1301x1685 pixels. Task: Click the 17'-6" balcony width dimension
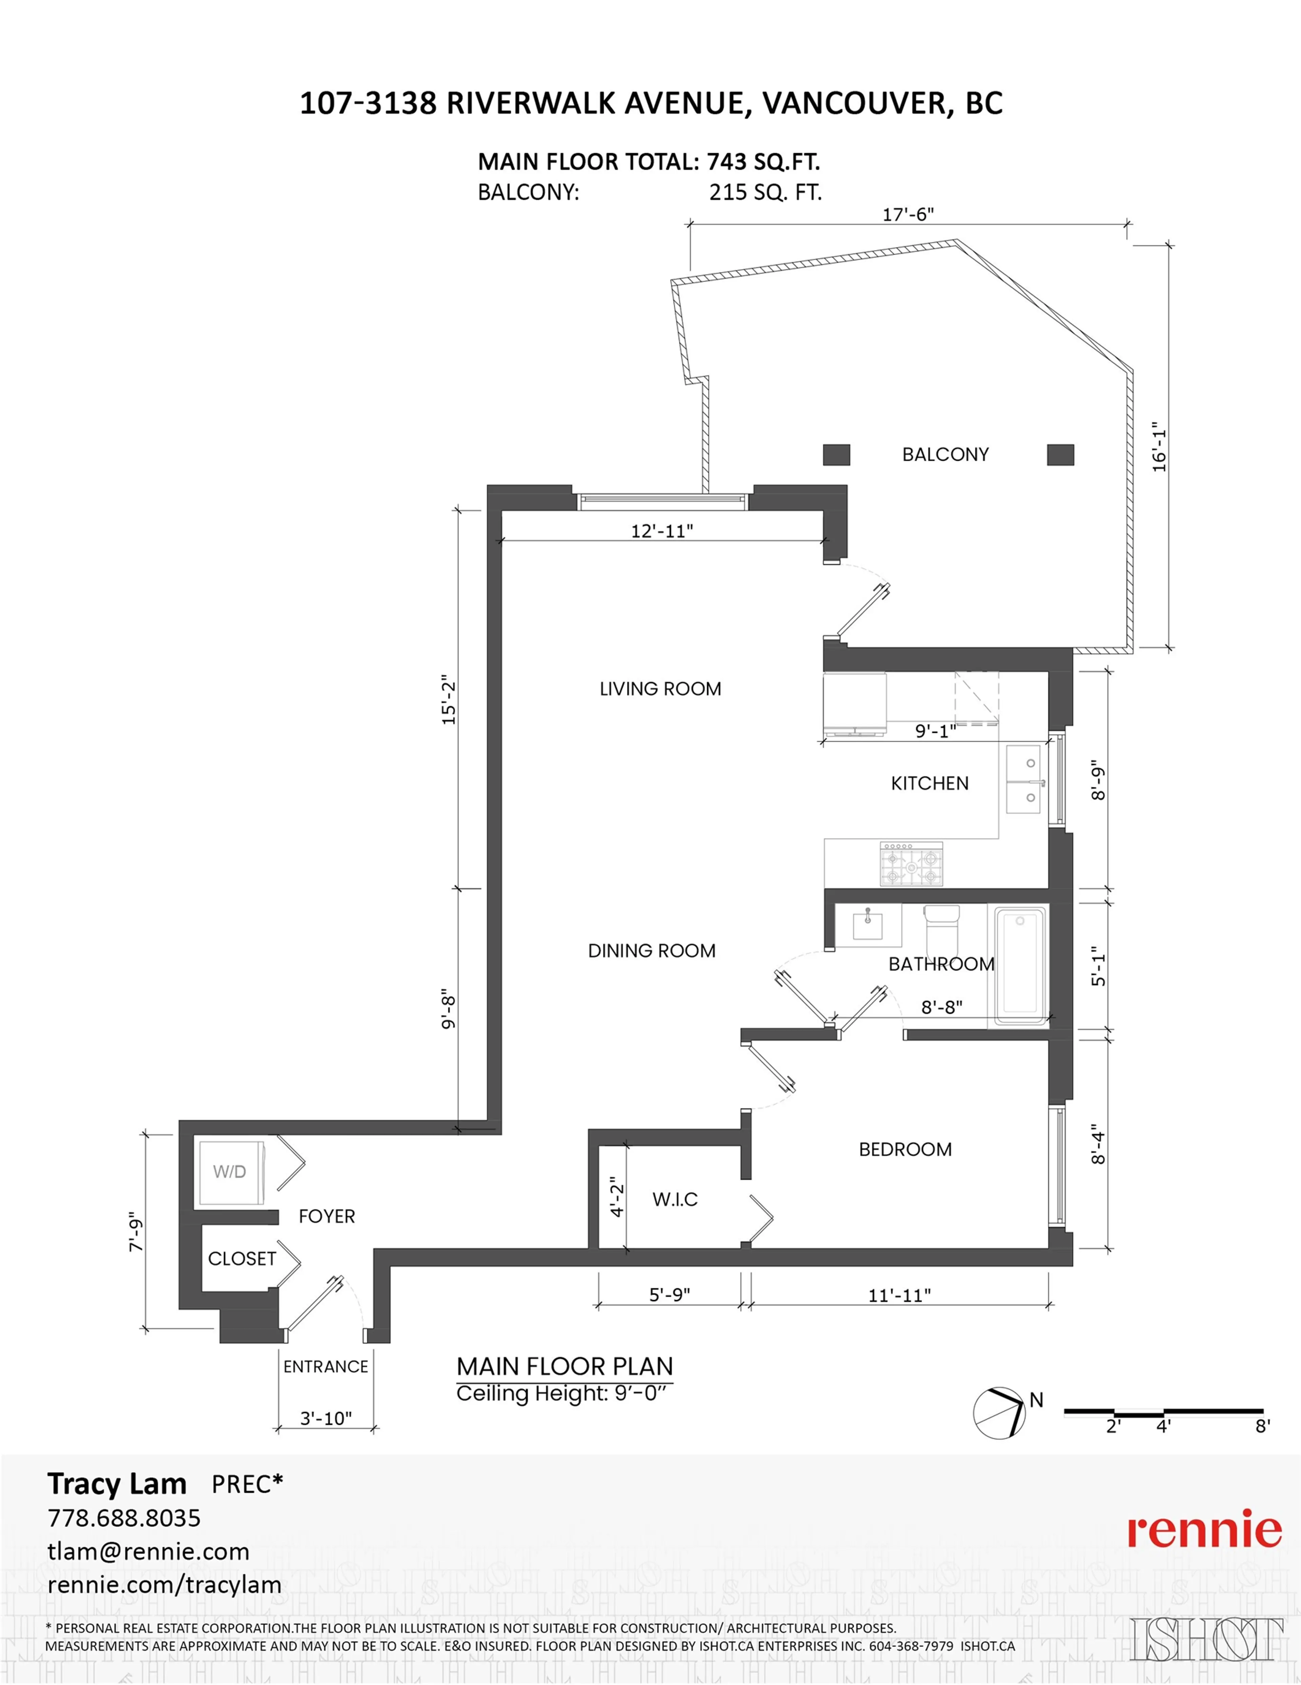[908, 215]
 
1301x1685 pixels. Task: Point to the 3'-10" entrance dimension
[326, 1418]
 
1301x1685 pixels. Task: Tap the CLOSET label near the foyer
[241, 1258]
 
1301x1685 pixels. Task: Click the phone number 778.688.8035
[124, 1518]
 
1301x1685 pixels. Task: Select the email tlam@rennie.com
[148, 1551]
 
